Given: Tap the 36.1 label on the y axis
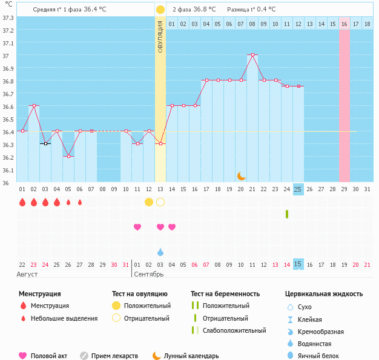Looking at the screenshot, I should pyautogui.click(x=8, y=170).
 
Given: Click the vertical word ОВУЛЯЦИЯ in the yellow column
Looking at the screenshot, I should pyautogui.click(x=160, y=36).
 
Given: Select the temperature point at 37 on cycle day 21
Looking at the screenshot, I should pyautogui.click(x=252, y=54).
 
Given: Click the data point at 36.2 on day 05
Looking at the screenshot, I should pyautogui.click(x=68, y=156).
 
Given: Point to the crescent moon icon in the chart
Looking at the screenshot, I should pyautogui.click(x=242, y=175).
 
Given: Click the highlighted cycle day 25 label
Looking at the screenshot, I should pyautogui.click(x=298, y=189).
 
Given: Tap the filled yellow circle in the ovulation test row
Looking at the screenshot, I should pyautogui.click(x=149, y=201).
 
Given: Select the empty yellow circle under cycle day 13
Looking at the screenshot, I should pyautogui.click(x=160, y=201).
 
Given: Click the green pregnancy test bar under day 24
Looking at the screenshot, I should pyautogui.click(x=286, y=214).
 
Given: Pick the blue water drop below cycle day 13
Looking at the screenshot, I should pyautogui.click(x=160, y=252).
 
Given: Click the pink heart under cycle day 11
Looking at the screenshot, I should pyautogui.click(x=137, y=227).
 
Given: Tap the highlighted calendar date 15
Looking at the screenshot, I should pyautogui.click(x=298, y=264).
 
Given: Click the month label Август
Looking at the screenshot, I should pyautogui.click(x=28, y=274).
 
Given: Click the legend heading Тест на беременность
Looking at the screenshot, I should pyautogui.click(x=225, y=293).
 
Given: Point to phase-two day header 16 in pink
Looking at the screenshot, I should pyautogui.click(x=344, y=24).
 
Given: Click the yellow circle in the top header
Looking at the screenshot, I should pyautogui.click(x=160, y=10).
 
